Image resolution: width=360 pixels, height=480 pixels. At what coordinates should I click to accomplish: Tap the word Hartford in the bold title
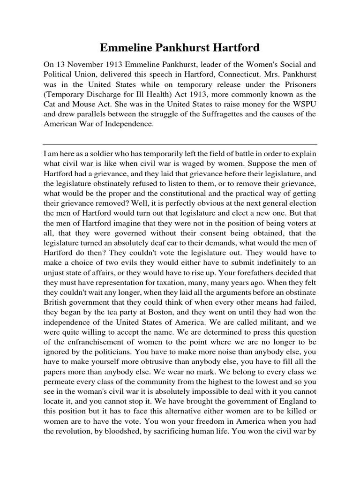233,48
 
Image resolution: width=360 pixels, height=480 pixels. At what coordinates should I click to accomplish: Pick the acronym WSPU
306,106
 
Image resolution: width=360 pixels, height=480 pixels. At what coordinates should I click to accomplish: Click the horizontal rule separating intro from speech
180,144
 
